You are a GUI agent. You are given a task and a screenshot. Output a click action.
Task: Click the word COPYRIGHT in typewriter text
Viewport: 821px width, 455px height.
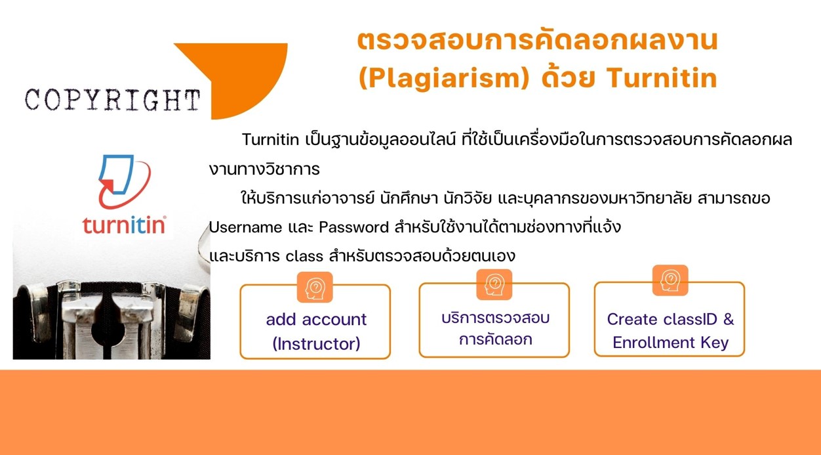113,100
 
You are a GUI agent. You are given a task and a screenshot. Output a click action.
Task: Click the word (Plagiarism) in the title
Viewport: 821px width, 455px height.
444,79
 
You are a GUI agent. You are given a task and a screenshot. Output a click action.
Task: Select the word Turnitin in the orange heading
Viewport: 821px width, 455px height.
662,78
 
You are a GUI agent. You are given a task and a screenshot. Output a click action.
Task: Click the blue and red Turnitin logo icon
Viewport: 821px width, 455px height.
125,182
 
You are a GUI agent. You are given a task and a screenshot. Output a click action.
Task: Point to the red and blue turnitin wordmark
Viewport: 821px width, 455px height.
124,225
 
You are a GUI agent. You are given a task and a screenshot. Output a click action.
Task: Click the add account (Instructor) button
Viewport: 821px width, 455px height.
315,322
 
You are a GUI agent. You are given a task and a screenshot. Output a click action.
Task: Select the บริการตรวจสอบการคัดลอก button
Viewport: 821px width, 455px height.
494,320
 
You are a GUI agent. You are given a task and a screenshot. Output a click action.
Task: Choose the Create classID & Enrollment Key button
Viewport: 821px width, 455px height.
670,319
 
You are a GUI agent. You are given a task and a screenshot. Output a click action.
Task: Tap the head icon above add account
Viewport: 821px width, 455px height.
315,288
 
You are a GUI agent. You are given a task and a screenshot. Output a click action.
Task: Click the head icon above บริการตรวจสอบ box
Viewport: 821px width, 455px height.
494,285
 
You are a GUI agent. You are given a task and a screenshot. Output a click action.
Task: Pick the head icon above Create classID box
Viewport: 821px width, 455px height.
670,280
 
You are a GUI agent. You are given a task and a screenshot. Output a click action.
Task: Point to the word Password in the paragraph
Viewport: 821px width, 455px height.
353,227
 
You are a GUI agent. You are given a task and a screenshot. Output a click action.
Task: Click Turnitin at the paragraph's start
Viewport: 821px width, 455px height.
270,140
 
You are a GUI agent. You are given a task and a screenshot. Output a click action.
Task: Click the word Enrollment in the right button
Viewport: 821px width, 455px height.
654,342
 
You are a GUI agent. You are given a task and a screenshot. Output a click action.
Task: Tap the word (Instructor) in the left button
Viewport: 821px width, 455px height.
316,344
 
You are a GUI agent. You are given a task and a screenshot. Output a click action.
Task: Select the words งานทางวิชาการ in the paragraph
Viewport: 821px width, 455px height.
264,169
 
